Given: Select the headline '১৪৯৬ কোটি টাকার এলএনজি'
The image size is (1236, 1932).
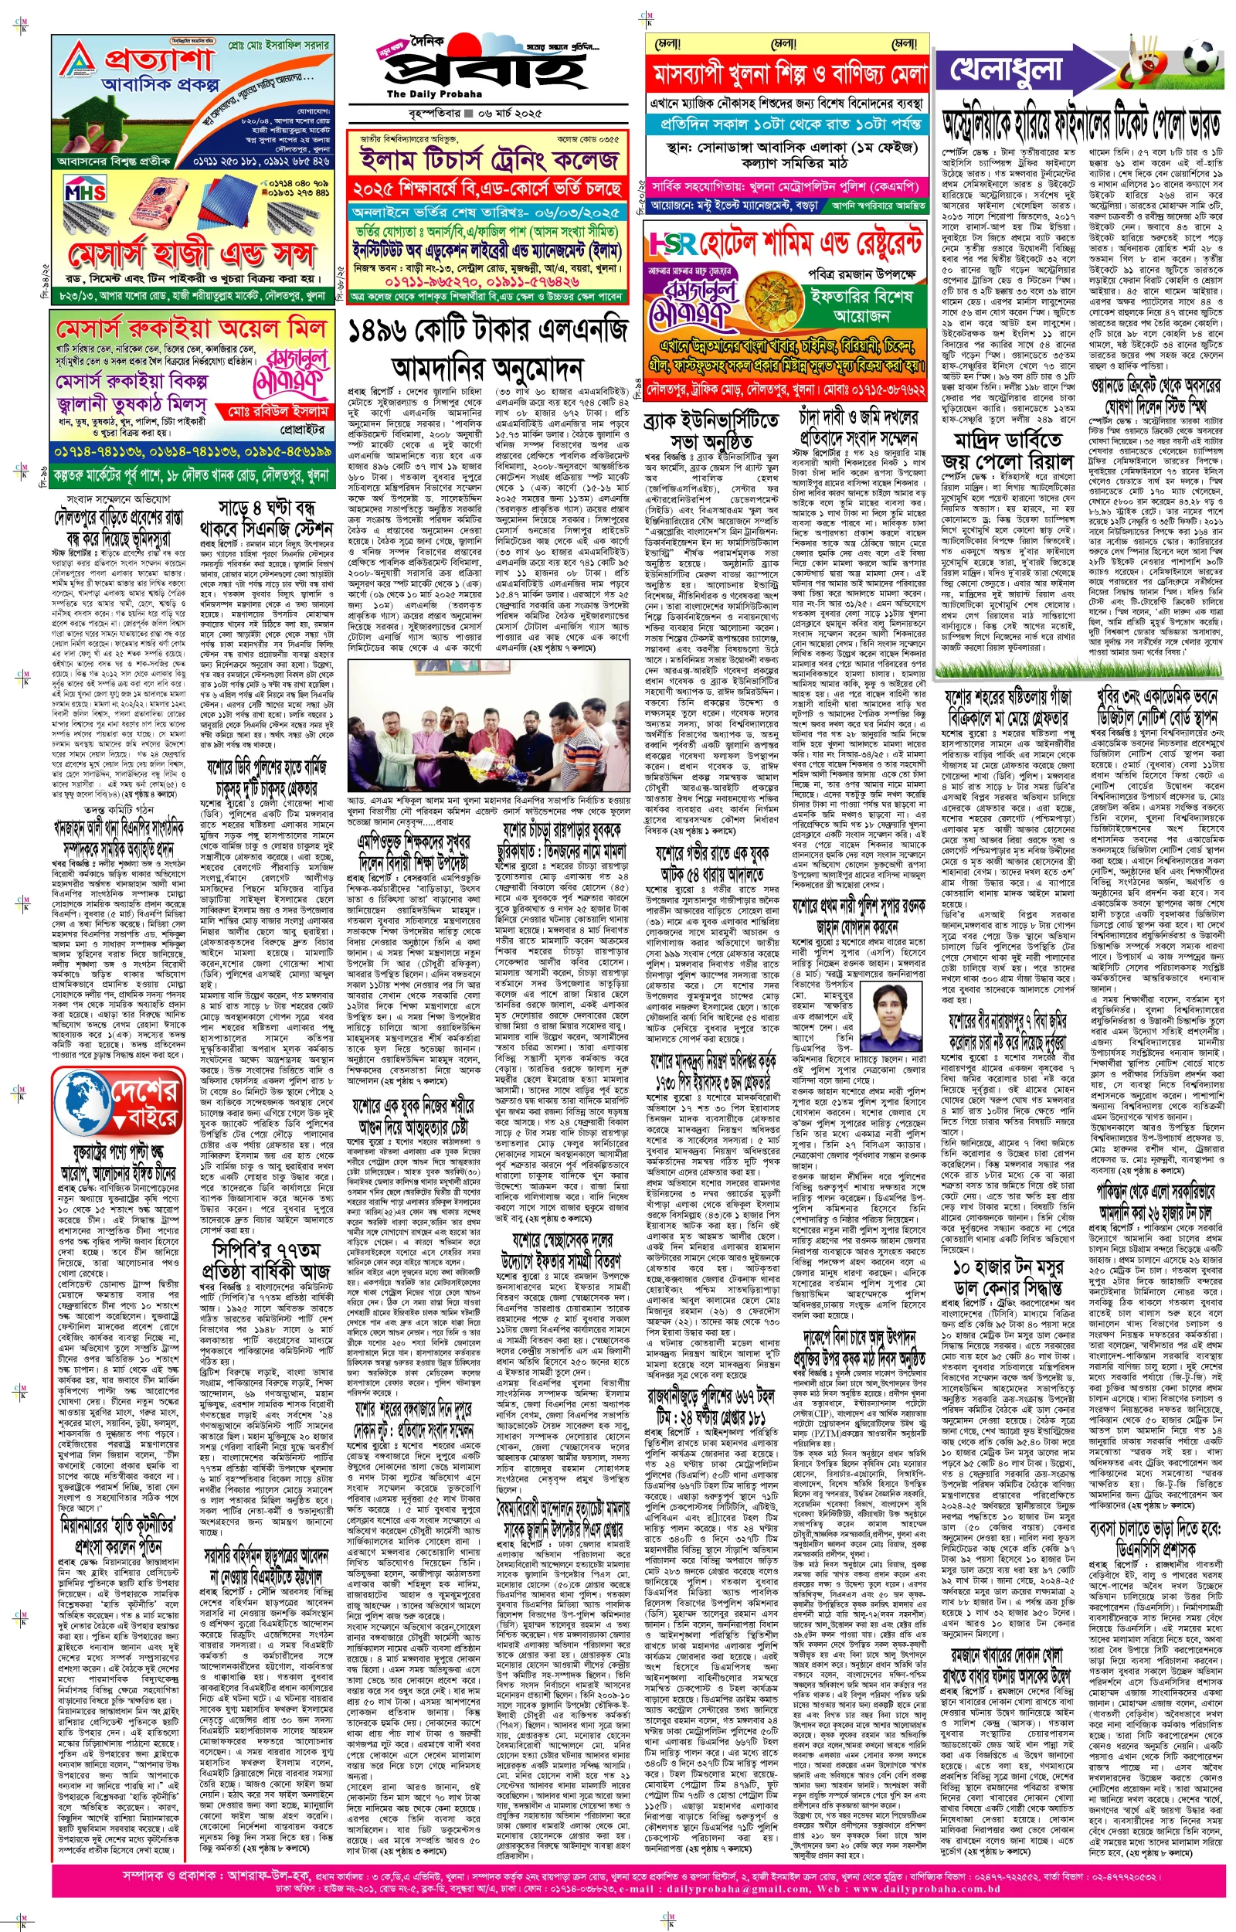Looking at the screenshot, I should click(487, 329).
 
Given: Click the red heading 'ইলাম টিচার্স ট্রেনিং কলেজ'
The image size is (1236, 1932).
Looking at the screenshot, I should click(487, 161).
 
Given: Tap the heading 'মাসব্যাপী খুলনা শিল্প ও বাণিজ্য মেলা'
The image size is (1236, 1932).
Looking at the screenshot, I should click(787, 74).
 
